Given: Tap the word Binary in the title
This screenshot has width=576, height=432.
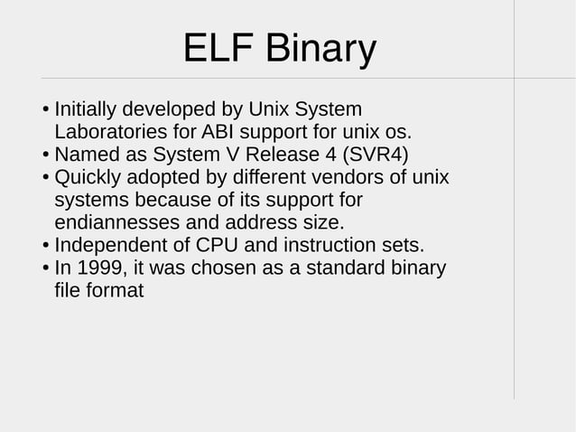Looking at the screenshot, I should click(320, 50).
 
